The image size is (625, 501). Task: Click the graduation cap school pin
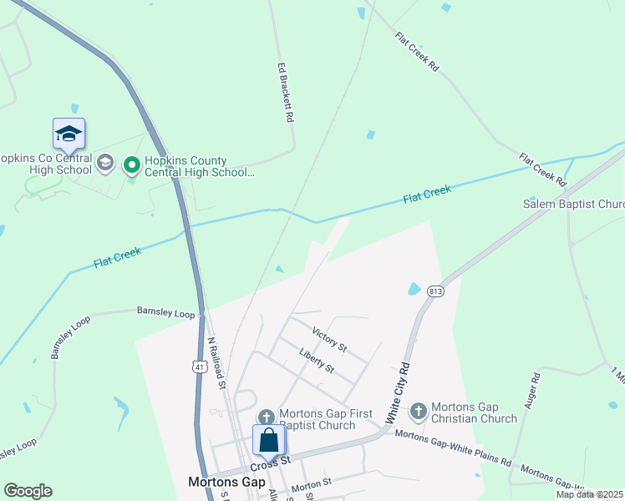click(x=69, y=134)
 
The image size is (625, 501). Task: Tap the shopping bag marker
click(x=269, y=439)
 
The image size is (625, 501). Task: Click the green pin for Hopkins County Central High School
click(x=131, y=165)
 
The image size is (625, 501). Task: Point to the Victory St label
click(x=328, y=339)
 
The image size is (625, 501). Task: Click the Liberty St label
click(x=317, y=360)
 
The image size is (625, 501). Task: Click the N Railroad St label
click(x=216, y=363)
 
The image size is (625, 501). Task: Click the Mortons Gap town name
click(x=226, y=482)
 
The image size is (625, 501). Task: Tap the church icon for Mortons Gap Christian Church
click(x=418, y=411)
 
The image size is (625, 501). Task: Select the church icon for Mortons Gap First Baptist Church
click(x=266, y=417)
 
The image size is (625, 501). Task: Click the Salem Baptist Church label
click(x=573, y=204)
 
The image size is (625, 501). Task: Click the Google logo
click(x=28, y=491)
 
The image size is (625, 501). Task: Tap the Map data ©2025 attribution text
click(x=589, y=494)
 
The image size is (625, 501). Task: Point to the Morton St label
click(x=312, y=483)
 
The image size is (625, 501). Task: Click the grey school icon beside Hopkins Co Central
click(x=105, y=162)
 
